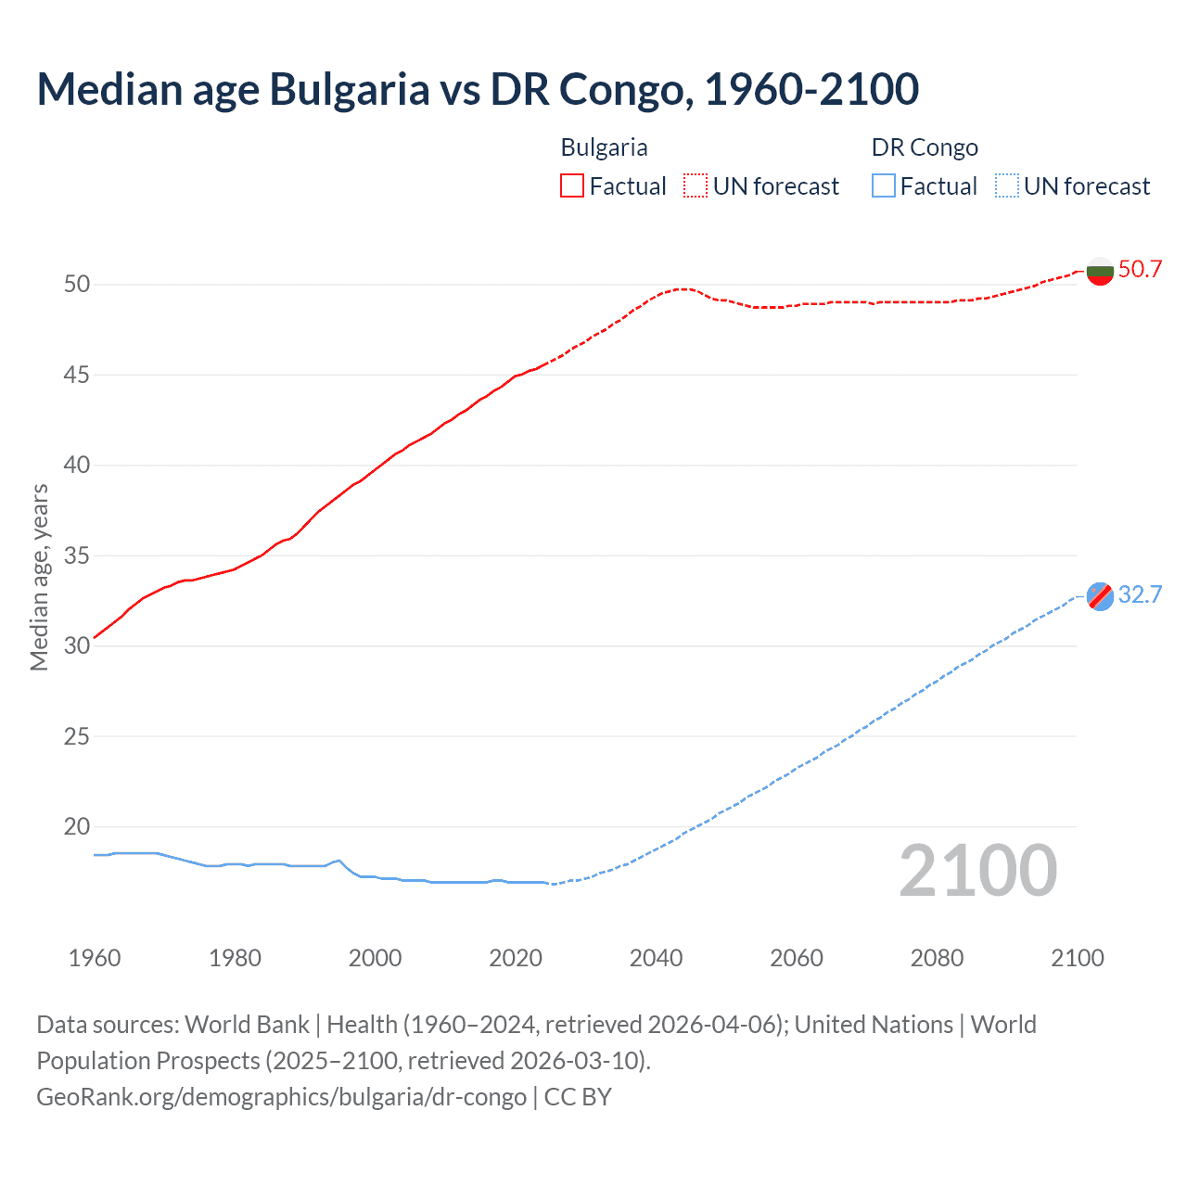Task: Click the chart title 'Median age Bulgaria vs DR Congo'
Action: coord(478,89)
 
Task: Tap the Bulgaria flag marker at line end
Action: coord(1100,271)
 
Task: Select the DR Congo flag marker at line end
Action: coord(1100,596)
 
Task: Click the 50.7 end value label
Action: coord(1140,270)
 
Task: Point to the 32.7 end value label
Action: coord(1140,595)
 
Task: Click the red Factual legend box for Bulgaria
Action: coord(572,186)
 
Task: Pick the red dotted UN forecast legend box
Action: coord(696,186)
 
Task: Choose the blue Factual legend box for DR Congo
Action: coord(884,186)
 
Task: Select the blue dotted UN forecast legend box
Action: coord(1007,186)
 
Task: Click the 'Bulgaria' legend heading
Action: coord(604,147)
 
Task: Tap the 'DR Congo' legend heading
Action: coord(925,147)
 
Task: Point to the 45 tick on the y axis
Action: coord(77,375)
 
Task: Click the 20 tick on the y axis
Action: coord(77,826)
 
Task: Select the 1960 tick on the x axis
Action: coord(95,958)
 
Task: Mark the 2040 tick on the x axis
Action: coord(656,958)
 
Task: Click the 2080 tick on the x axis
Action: coord(937,958)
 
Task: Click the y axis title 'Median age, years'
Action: coord(39,577)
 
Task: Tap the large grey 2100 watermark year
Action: coord(977,871)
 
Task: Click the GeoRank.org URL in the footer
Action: coord(281,1097)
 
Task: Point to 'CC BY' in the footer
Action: coord(578,1097)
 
